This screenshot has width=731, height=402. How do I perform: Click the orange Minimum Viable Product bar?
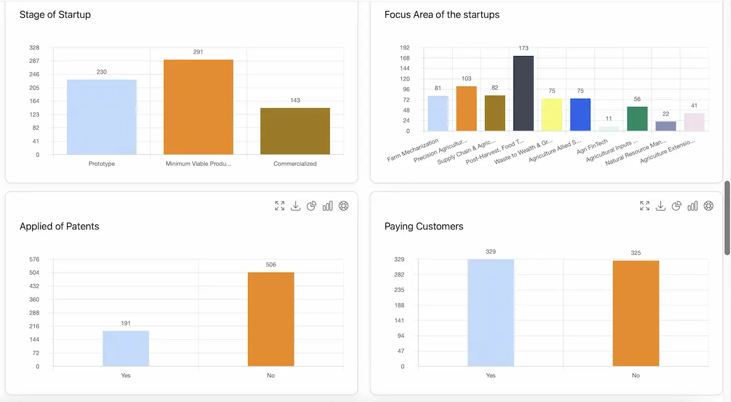pyautogui.click(x=198, y=107)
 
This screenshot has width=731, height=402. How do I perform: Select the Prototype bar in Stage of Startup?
pyautogui.click(x=102, y=117)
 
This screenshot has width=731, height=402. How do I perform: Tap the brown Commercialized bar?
pyautogui.click(x=295, y=131)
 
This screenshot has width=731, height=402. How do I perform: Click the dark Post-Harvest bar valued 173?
pyautogui.click(x=523, y=93)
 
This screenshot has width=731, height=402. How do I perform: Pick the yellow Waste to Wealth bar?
pyautogui.click(x=552, y=115)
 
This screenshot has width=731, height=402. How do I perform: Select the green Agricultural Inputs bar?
pyautogui.click(x=637, y=118)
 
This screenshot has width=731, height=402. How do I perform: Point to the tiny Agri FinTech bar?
pyautogui.click(x=609, y=128)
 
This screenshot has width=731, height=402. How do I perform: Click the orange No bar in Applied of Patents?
pyautogui.click(x=271, y=319)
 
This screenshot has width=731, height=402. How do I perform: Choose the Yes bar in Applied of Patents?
pyautogui.click(x=126, y=348)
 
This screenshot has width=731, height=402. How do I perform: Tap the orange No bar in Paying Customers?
pyautogui.click(x=636, y=314)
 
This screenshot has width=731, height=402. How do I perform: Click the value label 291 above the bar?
pyautogui.click(x=198, y=52)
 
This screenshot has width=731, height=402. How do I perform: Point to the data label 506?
pyautogui.click(x=271, y=265)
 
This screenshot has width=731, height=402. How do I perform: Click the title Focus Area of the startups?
pyautogui.click(x=442, y=15)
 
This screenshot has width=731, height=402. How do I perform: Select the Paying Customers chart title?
pyautogui.click(x=424, y=226)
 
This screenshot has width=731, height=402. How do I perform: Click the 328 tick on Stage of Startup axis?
pyautogui.click(x=34, y=48)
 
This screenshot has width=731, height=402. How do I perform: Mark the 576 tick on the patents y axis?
pyautogui.click(x=34, y=259)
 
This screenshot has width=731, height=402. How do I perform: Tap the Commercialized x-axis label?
pyautogui.click(x=295, y=163)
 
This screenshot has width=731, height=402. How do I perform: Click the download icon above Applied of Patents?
pyautogui.click(x=295, y=206)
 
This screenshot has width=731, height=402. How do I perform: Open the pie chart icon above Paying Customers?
pyautogui.click(x=676, y=206)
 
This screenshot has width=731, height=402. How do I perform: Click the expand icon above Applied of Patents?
pyautogui.click(x=280, y=206)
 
